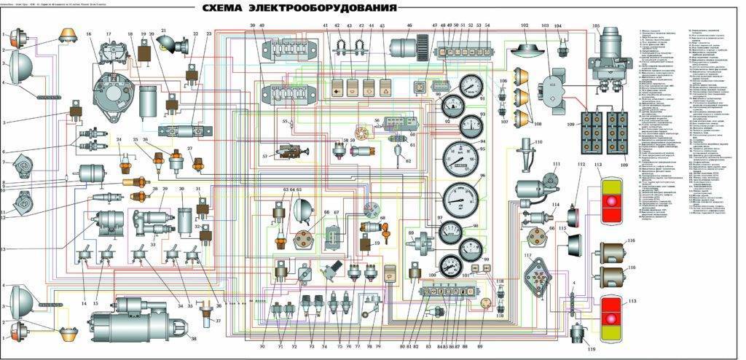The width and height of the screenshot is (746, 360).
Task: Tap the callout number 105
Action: point(595,26)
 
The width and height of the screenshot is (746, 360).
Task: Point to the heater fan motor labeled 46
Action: point(403,49)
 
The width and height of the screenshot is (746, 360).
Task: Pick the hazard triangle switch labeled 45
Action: point(384,90)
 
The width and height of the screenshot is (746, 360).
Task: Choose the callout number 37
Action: point(218,321)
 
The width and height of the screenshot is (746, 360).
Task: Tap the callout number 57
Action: point(265,157)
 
